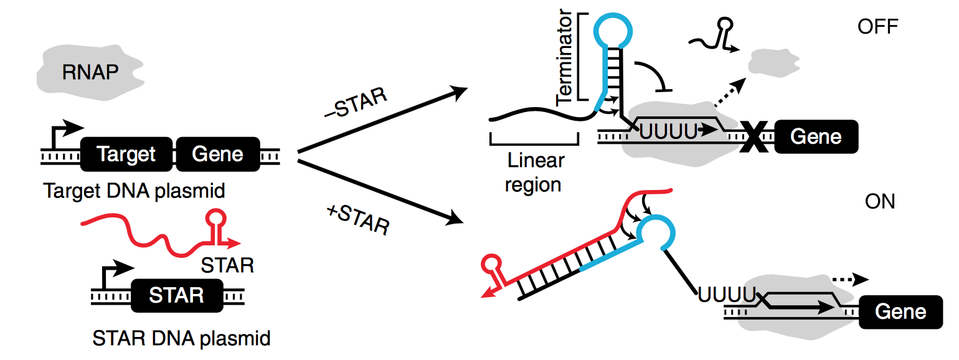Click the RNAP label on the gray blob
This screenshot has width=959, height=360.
coord(90,73)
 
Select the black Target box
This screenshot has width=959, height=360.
coord(126,154)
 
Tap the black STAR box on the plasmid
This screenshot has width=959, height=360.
coord(176,295)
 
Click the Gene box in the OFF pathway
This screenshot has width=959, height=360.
coord(816,136)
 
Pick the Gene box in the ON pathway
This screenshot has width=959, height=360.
coord(900,311)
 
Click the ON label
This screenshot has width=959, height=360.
coord(880,202)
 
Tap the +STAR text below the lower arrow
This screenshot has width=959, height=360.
coord(357,219)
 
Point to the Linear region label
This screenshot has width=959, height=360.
coord(534,173)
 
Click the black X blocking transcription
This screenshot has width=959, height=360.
coord(754,136)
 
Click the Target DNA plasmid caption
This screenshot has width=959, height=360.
coord(134,191)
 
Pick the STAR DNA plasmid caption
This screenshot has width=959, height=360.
coord(181,339)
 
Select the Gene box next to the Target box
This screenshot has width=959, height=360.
coord(217,154)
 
